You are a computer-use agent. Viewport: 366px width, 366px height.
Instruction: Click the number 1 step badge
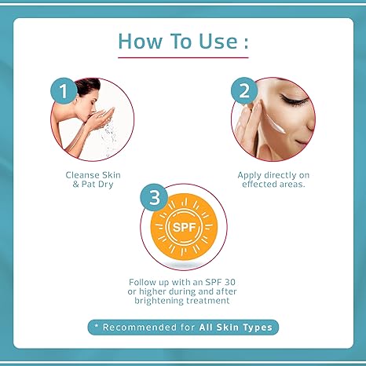(64, 91)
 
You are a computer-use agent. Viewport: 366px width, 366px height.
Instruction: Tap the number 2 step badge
(244, 90)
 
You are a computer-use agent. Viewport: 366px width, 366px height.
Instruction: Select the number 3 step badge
(154, 197)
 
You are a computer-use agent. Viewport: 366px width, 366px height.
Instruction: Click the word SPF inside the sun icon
(184, 227)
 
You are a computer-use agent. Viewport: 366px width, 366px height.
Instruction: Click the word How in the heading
(140, 41)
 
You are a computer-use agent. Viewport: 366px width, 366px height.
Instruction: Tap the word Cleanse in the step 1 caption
(82, 175)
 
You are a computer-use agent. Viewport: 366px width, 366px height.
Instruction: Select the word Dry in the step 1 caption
(105, 185)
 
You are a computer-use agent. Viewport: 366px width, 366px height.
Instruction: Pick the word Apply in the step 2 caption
(250, 175)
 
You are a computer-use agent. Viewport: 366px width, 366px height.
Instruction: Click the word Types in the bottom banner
(258, 328)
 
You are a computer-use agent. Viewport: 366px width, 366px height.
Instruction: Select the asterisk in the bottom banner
(97, 326)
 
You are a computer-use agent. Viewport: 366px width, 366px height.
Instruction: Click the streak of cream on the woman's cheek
(275, 125)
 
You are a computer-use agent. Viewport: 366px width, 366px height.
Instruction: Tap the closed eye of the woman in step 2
(293, 100)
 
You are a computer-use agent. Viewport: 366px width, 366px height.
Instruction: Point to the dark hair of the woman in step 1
(88, 86)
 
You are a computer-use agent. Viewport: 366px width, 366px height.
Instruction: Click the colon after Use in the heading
(246, 42)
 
